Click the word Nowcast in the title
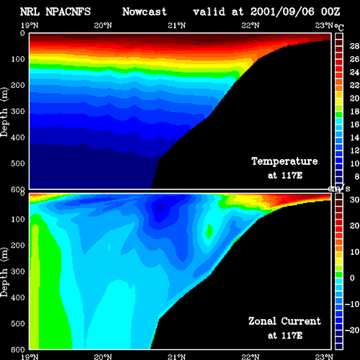pyautogui.click(x=144, y=12)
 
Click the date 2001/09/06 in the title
pyautogui.click(x=282, y=12)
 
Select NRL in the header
pyautogui.click(x=30, y=12)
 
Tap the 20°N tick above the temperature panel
pyautogui.click(x=103, y=25)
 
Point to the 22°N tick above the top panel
pyautogui.click(x=251, y=25)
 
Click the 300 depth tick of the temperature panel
pyautogui.click(x=18, y=112)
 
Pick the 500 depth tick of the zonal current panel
pyautogui.click(x=18, y=324)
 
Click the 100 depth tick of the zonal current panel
pyautogui.click(x=18, y=220)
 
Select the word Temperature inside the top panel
pyautogui.click(x=284, y=161)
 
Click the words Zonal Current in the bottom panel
pyautogui.click(x=284, y=321)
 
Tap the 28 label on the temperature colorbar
pyautogui.click(x=354, y=46)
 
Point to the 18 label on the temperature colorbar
pyautogui.click(x=354, y=112)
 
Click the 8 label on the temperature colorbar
pyautogui.click(x=356, y=176)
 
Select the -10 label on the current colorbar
pyautogui.click(x=352, y=304)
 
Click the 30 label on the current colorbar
pyautogui.click(x=354, y=199)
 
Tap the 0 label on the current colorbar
pyautogui.click(x=352, y=278)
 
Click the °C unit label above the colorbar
pyautogui.click(x=339, y=27)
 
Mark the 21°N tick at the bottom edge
pyautogui.click(x=176, y=357)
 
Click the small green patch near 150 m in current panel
pyautogui.click(x=210, y=231)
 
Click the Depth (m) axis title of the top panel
pyautogui.click(x=4, y=112)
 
